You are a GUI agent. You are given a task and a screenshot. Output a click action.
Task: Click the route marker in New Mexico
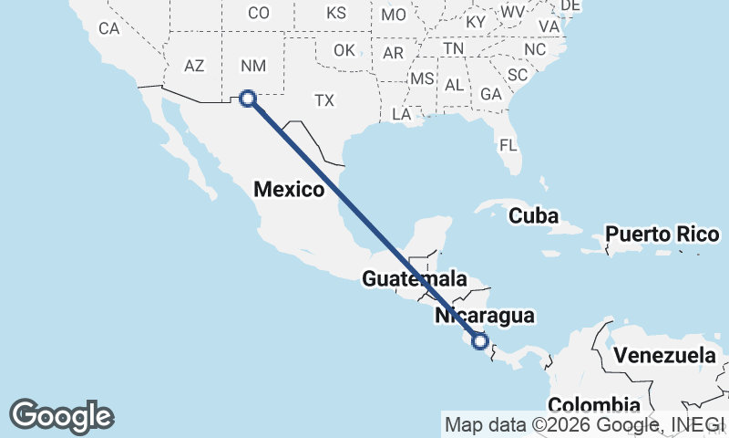point(247,99)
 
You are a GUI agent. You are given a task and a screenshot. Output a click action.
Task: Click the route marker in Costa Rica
point(481,341)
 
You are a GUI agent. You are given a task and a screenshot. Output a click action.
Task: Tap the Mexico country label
point(289,190)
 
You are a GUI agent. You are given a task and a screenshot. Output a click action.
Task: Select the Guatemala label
point(415,279)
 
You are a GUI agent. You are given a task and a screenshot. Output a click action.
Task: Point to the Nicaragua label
point(484,316)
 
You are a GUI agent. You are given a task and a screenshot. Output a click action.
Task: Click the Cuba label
point(533,216)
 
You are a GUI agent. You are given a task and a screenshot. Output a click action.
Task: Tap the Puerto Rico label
point(663,234)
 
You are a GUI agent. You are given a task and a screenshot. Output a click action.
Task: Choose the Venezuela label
point(664,355)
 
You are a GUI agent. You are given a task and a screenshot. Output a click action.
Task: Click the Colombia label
point(593,404)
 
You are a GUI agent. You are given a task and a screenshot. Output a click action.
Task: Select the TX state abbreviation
point(324,100)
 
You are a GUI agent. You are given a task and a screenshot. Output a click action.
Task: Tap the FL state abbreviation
point(508,145)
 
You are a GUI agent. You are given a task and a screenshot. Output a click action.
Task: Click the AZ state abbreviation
point(194,66)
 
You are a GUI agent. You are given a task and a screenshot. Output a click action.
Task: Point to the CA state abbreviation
point(109,28)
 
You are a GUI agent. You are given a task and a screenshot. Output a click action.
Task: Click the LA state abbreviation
point(401,114)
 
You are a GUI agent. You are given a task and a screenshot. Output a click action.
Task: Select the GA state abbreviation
point(491,94)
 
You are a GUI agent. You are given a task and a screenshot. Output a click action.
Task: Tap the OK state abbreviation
point(344,50)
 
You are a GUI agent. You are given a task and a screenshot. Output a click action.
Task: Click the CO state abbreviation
point(259,13)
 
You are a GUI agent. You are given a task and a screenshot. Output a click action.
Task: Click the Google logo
point(61,416)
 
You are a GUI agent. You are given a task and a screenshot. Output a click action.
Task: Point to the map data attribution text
point(585,424)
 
